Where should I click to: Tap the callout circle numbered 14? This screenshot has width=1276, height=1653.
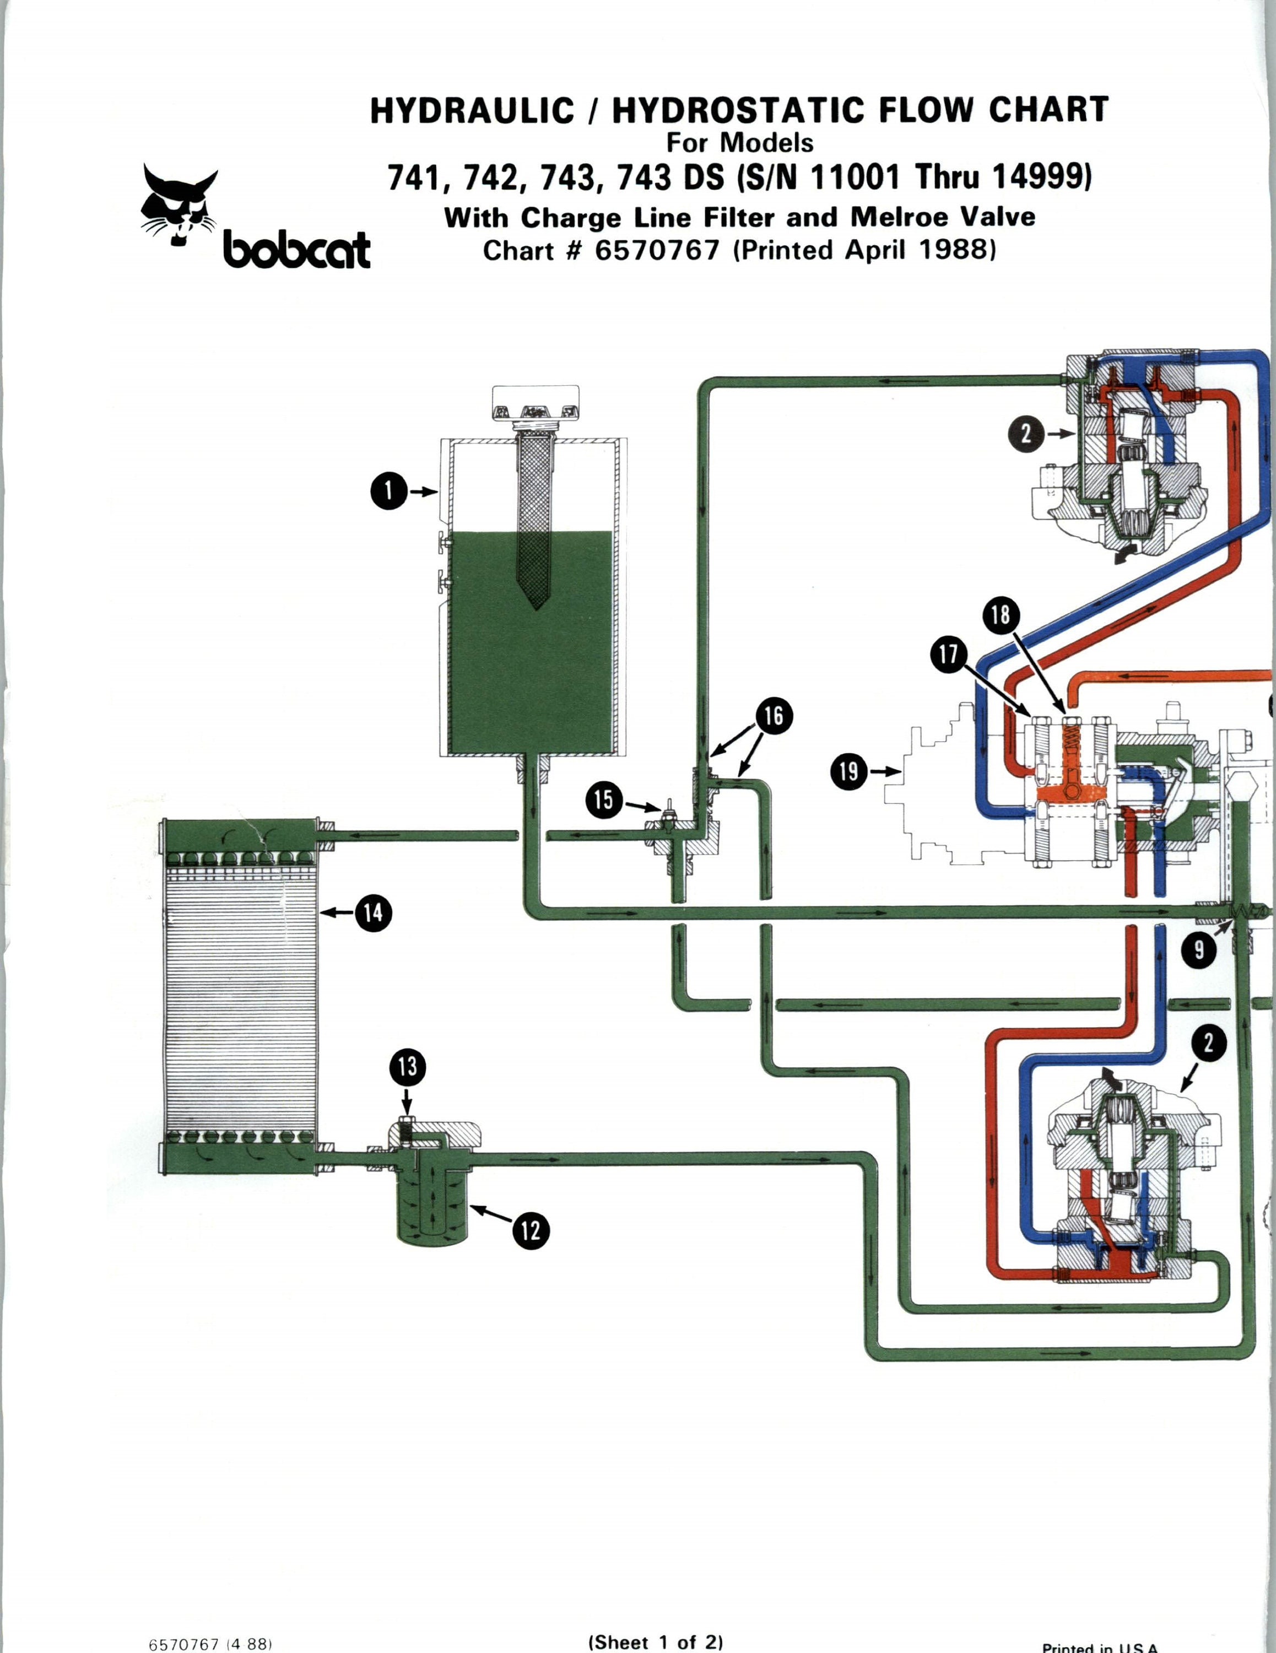373,914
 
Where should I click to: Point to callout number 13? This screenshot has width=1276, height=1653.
407,1067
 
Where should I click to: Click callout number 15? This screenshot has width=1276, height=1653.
604,800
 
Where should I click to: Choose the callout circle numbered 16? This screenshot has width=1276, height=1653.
773,716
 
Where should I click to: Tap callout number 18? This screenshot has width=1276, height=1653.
1001,614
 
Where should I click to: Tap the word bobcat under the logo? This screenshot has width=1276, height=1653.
296,251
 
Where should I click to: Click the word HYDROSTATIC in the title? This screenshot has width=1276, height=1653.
737,111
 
